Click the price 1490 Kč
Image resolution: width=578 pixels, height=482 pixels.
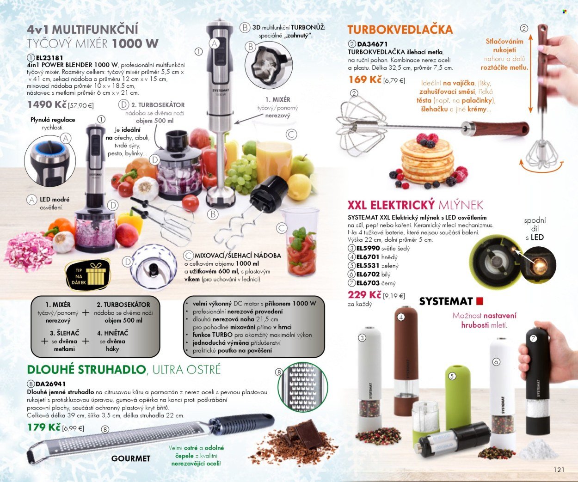click(47, 104)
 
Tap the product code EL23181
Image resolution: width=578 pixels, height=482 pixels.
click(49, 58)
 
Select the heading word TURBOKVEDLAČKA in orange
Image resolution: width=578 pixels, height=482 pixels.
click(400, 30)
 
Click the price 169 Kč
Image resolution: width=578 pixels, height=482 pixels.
click(365, 79)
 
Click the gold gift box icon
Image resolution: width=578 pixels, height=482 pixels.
click(96, 274)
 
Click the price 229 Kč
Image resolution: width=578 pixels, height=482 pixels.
click(364, 295)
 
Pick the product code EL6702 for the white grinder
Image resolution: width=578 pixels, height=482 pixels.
click(368, 275)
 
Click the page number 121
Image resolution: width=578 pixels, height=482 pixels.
click(559, 470)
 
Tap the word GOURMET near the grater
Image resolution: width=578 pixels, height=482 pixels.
click(131, 458)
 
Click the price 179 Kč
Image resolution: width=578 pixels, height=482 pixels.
click(43, 427)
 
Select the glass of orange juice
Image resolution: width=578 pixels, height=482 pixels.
click(274, 158)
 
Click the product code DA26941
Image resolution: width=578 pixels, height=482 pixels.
click(50, 384)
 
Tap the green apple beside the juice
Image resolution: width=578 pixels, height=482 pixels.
click(302, 165)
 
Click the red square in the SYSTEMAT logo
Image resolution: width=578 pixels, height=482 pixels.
click(480, 301)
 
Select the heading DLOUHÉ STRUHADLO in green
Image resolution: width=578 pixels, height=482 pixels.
click(86, 370)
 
